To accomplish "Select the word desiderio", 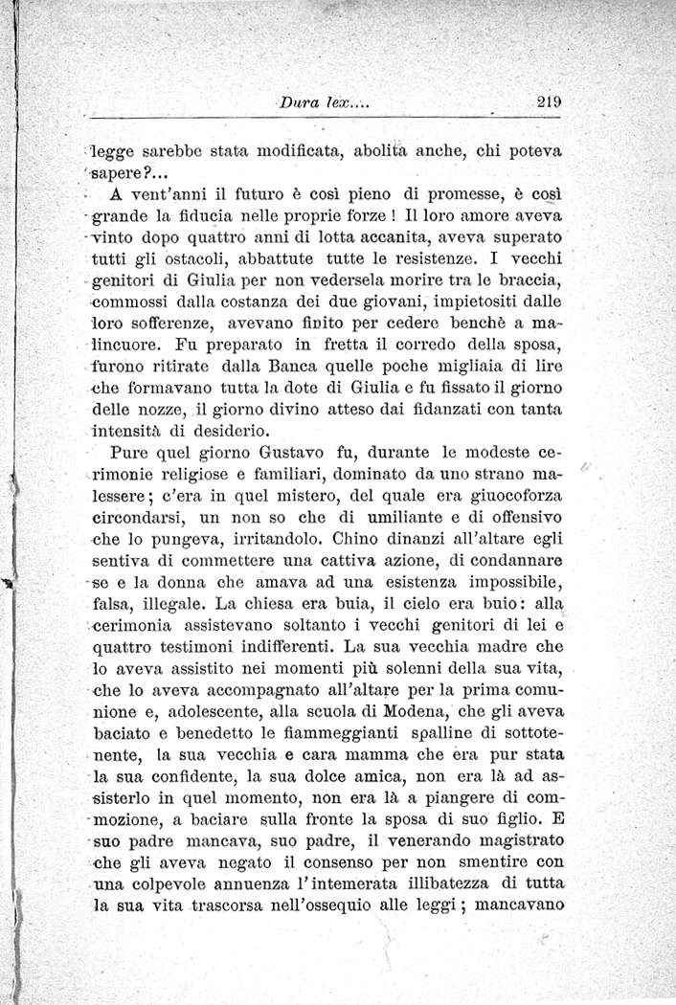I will point(235,431).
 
